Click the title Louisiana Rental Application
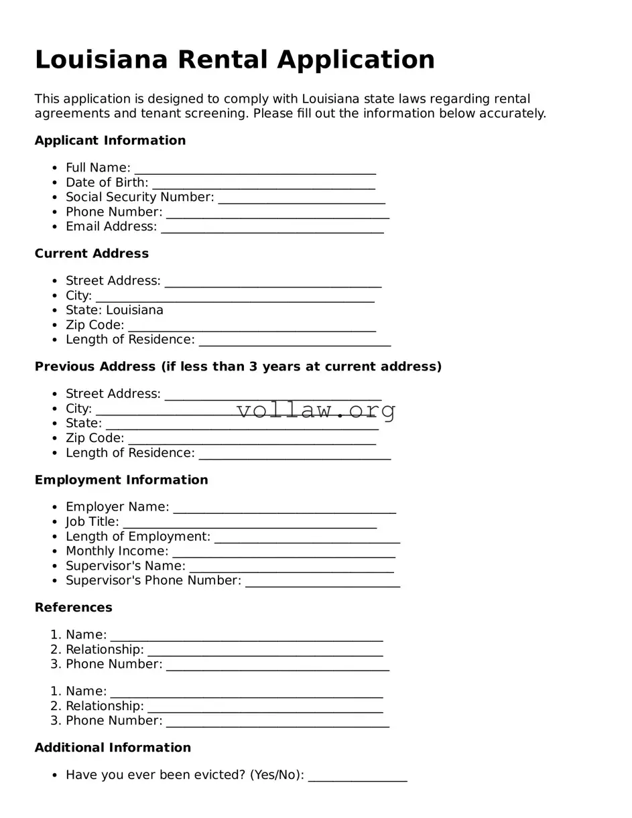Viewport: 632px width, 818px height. point(235,60)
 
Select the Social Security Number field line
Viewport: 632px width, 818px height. point(302,198)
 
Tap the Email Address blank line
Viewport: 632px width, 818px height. point(272,228)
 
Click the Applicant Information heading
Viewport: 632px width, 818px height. point(110,141)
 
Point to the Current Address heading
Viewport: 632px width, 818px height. point(92,254)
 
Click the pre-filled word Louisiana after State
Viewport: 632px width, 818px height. point(135,310)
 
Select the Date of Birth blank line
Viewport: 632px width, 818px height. point(263,184)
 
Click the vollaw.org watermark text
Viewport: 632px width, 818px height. point(316,409)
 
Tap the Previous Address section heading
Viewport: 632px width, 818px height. point(238,367)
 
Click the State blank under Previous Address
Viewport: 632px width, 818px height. point(242,425)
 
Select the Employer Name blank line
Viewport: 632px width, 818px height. point(284,508)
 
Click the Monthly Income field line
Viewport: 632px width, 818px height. point(283,553)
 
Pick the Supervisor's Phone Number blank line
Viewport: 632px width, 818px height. point(322,582)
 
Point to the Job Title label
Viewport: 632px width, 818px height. point(92,522)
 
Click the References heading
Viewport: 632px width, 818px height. point(74,608)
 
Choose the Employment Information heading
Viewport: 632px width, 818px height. point(121,480)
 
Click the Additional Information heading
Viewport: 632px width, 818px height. point(113,748)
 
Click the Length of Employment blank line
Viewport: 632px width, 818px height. point(307,538)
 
